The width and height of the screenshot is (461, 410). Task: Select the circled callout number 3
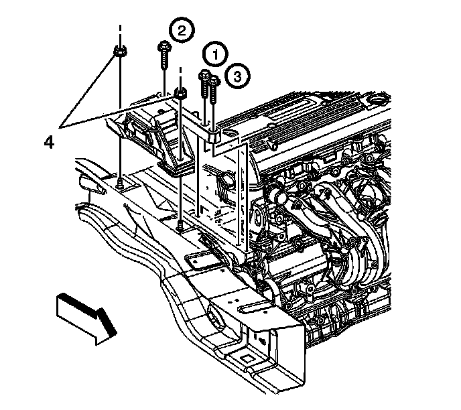(x=234, y=76)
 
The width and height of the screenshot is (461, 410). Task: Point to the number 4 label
(x=49, y=142)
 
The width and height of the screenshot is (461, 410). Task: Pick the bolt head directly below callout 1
(x=204, y=76)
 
